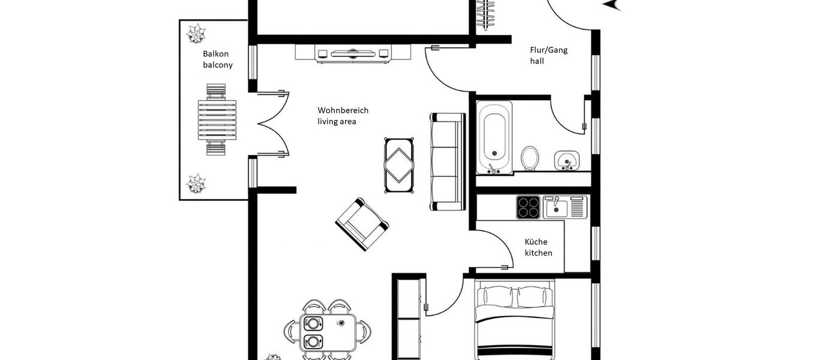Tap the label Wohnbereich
tap(343, 110)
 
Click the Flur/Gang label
tap(548, 50)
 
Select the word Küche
tap(536, 242)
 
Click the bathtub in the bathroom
tap(494, 137)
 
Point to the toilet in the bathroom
tap(530, 158)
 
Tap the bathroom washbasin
tap(566, 160)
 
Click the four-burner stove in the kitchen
tap(529, 207)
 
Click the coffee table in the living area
tap(399, 166)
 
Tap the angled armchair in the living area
tap(362, 224)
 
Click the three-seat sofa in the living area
tap(448, 161)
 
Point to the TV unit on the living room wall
tap(353, 53)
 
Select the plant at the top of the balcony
tap(196, 33)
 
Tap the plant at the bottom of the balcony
tap(196, 183)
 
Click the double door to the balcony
tap(273, 124)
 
